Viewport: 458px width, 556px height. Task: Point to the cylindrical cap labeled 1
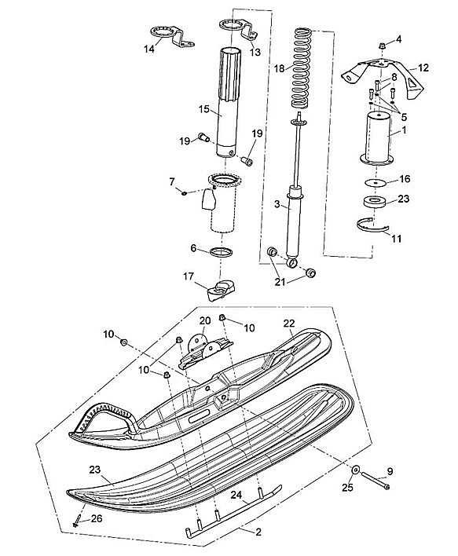tap(377, 140)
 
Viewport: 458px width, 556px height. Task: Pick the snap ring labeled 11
tap(372, 226)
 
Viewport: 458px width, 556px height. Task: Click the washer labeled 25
tap(355, 470)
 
